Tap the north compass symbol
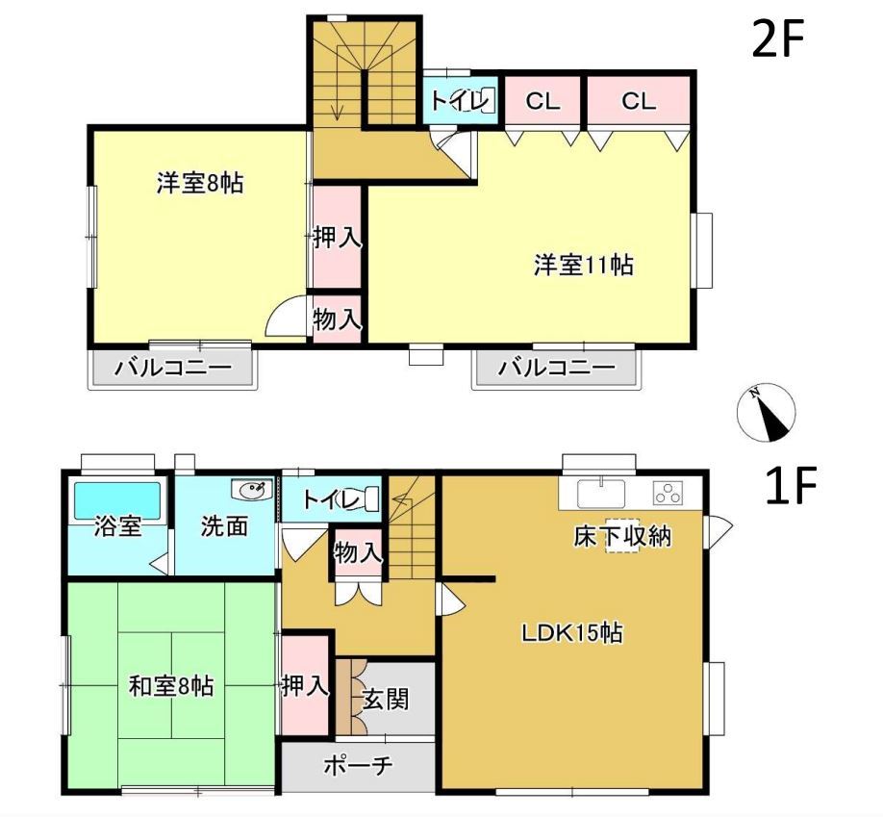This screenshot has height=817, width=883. click(x=766, y=413)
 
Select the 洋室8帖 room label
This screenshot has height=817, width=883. click(x=200, y=184)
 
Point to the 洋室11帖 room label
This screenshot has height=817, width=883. click(x=583, y=265)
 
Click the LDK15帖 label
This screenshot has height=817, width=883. click(x=571, y=633)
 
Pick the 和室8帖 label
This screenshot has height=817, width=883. click(x=171, y=686)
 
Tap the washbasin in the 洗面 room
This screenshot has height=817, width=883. click(x=252, y=490)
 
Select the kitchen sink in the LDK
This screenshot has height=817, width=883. click(x=601, y=493)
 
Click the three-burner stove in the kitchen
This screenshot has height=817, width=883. click(x=668, y=493)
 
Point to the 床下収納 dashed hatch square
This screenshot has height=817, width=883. click(x=622, y=535)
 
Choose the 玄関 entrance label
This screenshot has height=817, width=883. click(x=385, y=701)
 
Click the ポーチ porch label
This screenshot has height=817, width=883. click(x=358, y=766)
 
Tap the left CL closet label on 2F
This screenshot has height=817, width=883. click(x=542, y=102)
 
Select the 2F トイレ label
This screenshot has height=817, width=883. click(x=457, y=101)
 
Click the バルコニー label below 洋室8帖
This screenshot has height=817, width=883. click(x=173, y=369)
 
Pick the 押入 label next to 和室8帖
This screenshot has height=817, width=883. click(x=305, y=686)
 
